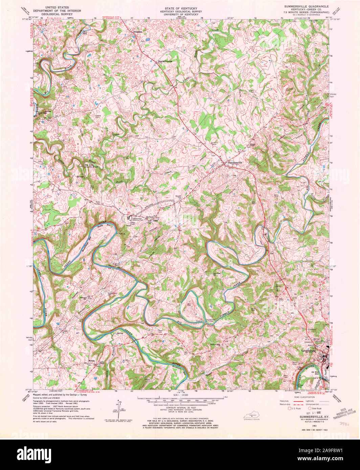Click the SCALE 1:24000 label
[x=180, y=395]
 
